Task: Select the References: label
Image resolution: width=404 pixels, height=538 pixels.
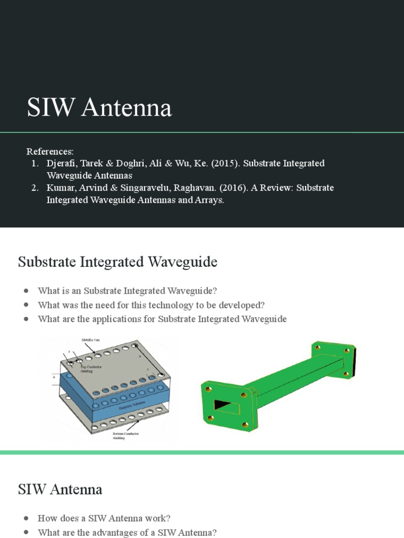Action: pyautogui.click(x=50, y=151)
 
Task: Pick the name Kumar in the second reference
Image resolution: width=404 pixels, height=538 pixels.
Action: pyautogui.click(x=60, y=188)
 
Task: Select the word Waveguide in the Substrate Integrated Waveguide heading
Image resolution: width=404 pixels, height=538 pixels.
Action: pyautogui.click(x=182, y=262)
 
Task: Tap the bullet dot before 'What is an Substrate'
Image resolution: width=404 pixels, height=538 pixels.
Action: pyautogui.click(x=26, y=291)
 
